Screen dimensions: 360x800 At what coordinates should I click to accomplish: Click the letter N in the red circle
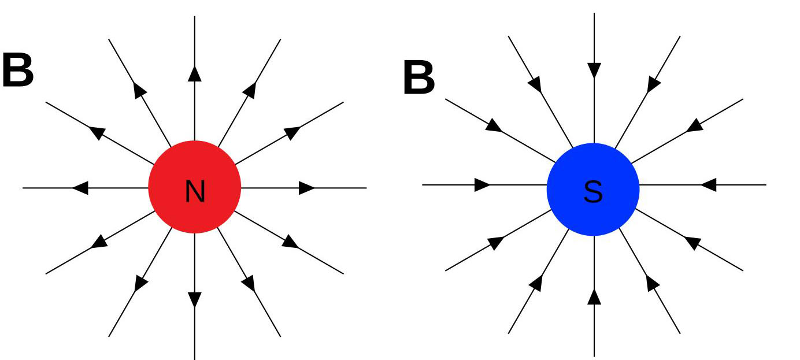[195, 192]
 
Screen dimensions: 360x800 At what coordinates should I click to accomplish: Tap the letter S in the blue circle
[593, 192]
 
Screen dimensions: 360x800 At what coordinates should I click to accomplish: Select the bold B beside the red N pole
[17, 71]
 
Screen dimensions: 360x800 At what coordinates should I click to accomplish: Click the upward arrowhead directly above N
[195, 73]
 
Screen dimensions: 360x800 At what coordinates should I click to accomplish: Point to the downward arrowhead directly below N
[195, 299]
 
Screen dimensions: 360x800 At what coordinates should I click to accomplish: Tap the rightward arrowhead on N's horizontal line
[306, 188]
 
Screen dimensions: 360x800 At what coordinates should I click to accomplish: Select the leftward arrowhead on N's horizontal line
[81, 188]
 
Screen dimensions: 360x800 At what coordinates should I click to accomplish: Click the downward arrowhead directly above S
[594, 70]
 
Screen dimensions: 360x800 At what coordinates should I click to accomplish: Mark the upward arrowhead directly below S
[594, 296]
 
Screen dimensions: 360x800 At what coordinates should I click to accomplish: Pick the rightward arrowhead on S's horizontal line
[482, 185]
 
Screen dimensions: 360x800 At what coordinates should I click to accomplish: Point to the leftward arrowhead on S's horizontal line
[709, 185]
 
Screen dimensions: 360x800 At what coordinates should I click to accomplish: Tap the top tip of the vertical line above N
[195, 17]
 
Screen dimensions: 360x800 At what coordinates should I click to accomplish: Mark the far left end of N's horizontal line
[24, 188]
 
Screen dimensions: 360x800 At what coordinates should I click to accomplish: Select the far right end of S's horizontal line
[765, 185]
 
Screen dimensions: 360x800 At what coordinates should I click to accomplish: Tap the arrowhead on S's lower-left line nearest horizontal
[495, 243]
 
